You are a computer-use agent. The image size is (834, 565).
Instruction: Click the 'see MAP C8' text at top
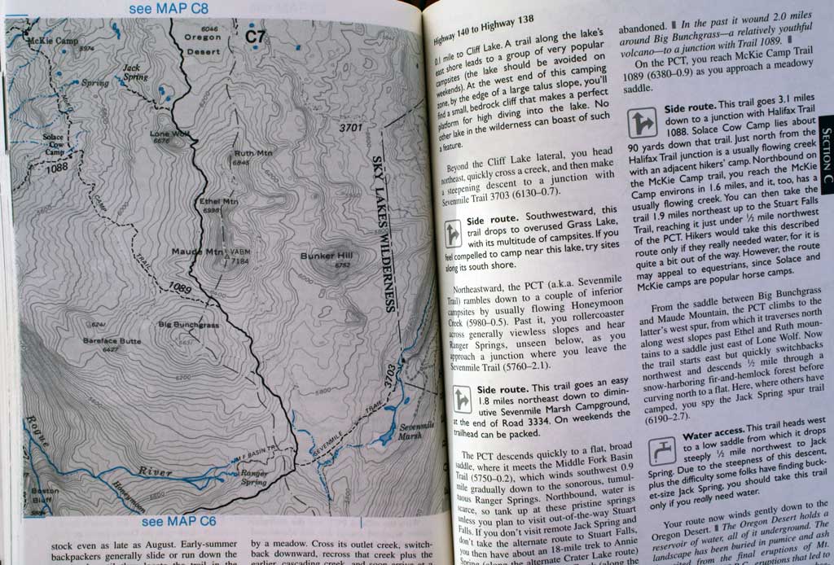[169, 9]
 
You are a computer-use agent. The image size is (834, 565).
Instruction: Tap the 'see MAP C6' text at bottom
[179, 522]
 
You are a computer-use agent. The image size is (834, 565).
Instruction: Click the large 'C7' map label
[256, 36]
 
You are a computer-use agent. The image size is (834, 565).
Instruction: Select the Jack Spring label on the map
[135, 72]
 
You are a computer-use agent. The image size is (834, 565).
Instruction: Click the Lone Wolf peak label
[170, 135]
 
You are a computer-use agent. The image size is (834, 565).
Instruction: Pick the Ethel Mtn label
[218, 201]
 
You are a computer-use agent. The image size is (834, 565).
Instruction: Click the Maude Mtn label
[195, 252]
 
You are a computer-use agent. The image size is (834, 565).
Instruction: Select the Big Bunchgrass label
[189, 325]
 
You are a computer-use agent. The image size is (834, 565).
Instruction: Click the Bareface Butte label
[112, 340]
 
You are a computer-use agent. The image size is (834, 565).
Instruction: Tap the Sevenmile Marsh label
[417, 431]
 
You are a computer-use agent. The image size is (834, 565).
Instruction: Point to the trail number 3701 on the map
[350, 128]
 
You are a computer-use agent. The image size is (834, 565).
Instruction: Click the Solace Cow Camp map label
[55, 144]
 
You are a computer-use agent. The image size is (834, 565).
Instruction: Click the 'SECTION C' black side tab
[826, 158]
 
